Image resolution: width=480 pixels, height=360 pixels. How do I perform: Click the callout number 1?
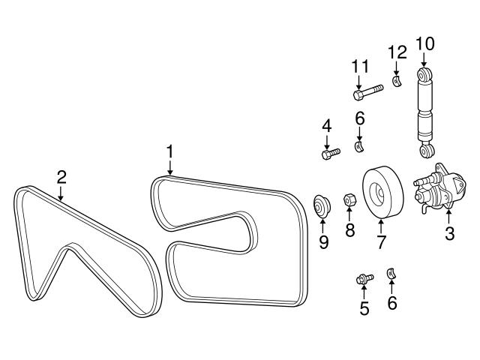coord(170,151)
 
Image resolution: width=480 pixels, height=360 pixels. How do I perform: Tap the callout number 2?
coord(61,177)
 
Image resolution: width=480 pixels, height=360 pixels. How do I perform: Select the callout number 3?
coord(449,233)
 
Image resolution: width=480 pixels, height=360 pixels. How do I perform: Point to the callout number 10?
coord(424,43)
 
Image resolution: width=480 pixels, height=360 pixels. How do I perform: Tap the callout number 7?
coord(380,242)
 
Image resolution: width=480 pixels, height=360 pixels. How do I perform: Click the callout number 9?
coord(324,242)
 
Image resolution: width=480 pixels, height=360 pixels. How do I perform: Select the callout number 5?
coord(364,308)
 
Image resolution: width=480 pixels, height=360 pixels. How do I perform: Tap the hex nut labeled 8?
coord(349,200)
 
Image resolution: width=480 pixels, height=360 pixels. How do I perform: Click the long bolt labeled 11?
coord(367,93)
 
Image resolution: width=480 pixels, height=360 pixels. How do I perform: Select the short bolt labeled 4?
coord(330,154)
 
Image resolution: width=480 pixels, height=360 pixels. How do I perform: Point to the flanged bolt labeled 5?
coord(364,280)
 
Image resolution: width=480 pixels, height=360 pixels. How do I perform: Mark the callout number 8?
coord(350,229)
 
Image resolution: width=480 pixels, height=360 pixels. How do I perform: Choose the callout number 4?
coord(327,125)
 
